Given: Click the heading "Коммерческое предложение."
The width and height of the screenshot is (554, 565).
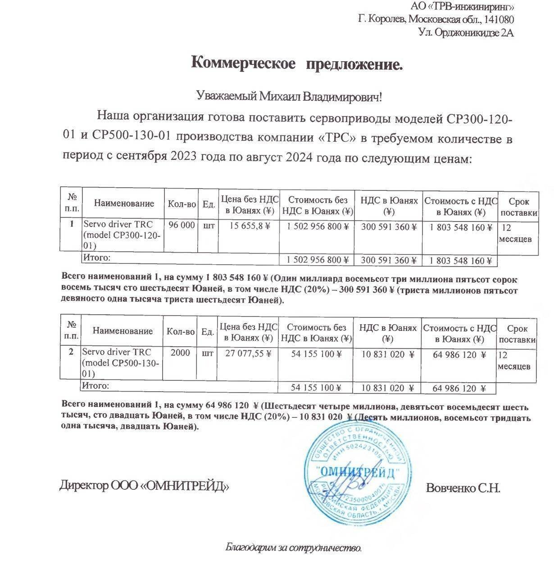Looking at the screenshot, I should (297, 63).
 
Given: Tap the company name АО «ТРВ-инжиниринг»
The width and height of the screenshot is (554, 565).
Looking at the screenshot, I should (463, 7).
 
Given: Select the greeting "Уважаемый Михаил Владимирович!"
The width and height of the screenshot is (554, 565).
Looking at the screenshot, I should (290, 96).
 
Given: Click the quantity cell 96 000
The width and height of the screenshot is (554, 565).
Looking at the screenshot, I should (182, 226).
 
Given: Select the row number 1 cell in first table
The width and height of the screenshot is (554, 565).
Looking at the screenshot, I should (71, 224).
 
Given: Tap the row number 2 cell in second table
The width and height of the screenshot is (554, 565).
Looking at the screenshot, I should (71, 352).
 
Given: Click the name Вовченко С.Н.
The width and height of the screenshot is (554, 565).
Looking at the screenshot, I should (463, 488).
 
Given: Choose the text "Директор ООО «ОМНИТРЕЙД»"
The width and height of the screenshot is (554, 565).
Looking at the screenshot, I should (144, 486).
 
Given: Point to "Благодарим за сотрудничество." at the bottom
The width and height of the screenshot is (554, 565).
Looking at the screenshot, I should (293, 548).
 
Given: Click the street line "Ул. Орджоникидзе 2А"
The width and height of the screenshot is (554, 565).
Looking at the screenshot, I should (466, 32).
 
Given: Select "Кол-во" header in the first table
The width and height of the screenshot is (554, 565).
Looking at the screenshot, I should (182, 204).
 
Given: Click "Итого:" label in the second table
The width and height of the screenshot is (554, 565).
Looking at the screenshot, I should (95, 386).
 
